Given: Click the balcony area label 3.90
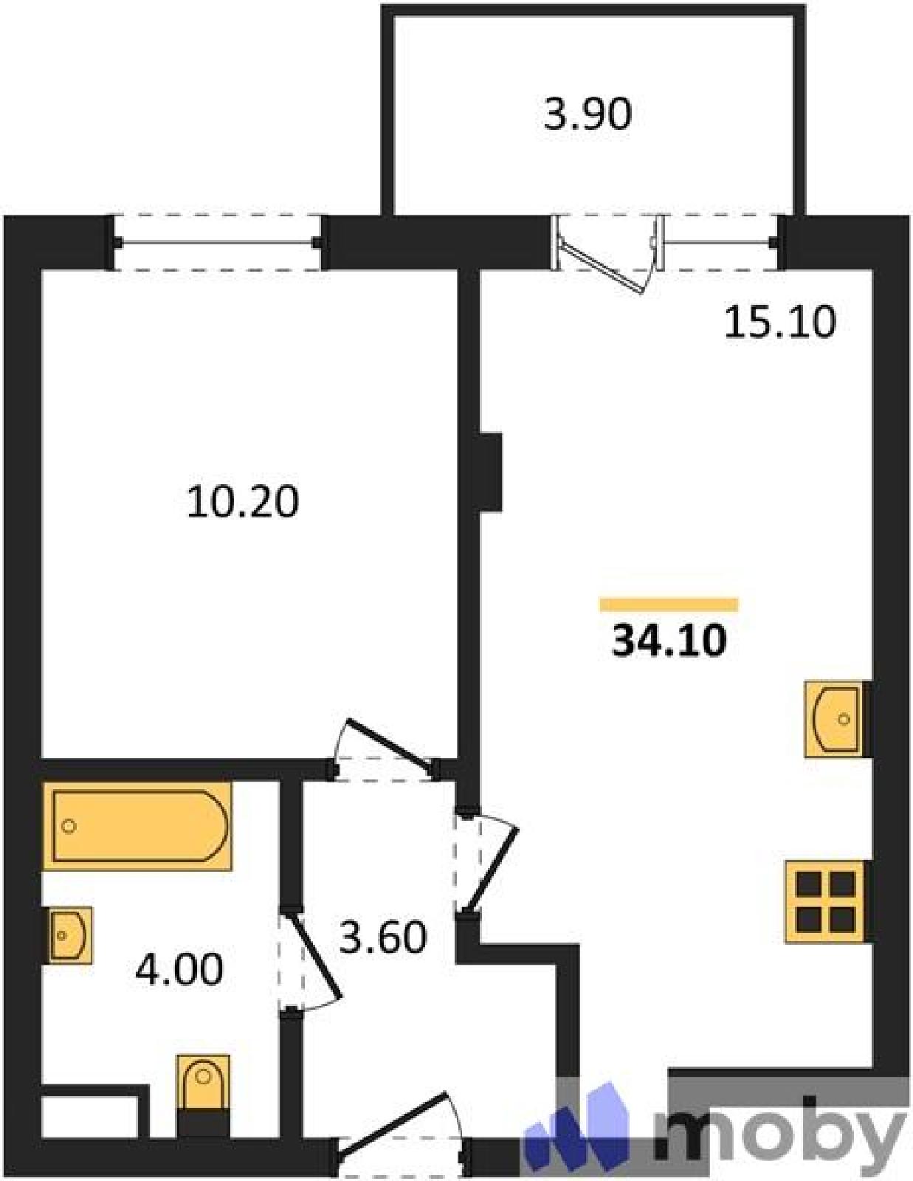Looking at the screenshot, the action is coord(588,116).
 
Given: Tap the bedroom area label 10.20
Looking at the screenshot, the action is coord(242,502).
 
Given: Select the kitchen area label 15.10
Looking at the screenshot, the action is coord(780,323).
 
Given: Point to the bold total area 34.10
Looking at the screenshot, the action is coord(669,641).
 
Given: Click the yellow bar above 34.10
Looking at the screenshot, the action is coord(669,605).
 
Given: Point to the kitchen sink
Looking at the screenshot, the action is coord(837,719).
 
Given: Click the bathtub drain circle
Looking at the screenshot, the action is coord(69,827).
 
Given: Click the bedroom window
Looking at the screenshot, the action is coord(218,242).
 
